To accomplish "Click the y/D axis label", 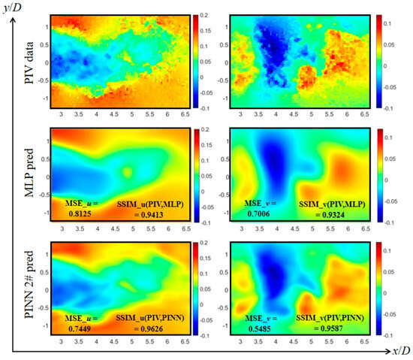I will pyautogui.click(x=17, y=6).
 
